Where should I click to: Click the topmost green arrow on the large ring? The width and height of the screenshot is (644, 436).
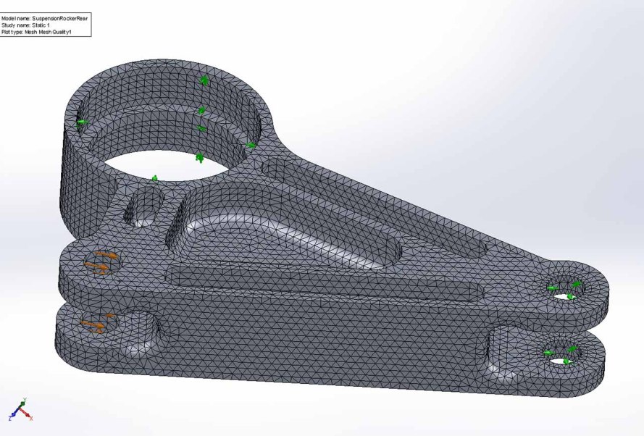[x=205, y=80]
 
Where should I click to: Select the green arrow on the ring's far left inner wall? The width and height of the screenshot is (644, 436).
[x=83, y=122]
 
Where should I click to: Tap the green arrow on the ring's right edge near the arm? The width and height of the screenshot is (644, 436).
[x=251, y=146]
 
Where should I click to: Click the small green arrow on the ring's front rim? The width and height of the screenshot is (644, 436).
[x=154, y=178]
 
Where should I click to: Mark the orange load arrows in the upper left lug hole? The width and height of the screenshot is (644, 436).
[x=101, y=262]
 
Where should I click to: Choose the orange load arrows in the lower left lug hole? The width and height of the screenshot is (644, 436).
[x=98, y=324]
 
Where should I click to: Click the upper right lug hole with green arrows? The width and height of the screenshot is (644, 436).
[x=566, y=289]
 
